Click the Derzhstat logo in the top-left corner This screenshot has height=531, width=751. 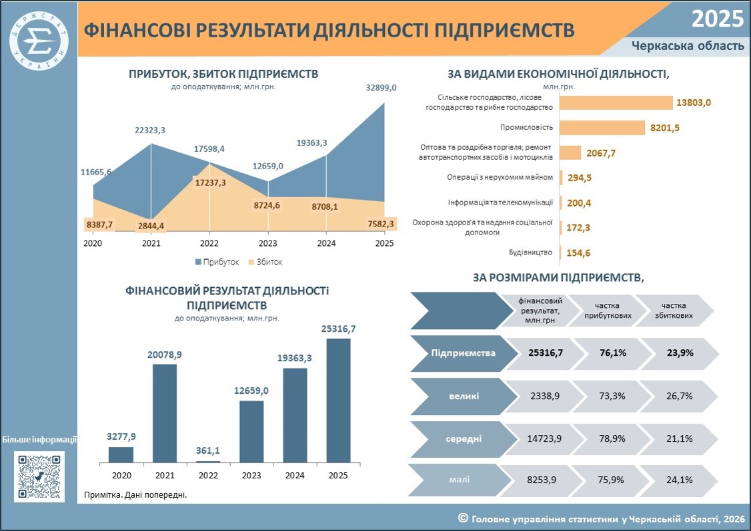(39, 41)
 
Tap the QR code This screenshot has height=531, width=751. (39, 477)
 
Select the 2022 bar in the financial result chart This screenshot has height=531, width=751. (208, 462)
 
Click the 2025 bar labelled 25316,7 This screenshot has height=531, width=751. (338, 401)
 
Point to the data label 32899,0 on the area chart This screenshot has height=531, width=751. (382, 88)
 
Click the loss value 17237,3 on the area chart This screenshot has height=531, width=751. (210, 183)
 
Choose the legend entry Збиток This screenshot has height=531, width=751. (265, 262)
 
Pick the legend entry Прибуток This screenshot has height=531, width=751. (217, 262)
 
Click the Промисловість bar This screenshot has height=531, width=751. (602, 128)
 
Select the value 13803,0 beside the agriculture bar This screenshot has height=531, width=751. (694, 103)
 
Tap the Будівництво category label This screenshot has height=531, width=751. (530, 253)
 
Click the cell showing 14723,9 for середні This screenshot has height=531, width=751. (544, 438)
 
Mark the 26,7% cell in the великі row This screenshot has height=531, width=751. (680, 396)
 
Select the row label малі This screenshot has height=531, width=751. (460, 479)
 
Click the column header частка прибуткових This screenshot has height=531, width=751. (608, 310)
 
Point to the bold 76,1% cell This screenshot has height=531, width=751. (613, 353)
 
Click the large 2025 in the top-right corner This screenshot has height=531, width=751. (718, 19)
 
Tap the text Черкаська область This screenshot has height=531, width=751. (688, 46)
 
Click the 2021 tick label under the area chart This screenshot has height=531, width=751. (151, 243)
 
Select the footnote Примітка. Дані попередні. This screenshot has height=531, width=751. (135, 494)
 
